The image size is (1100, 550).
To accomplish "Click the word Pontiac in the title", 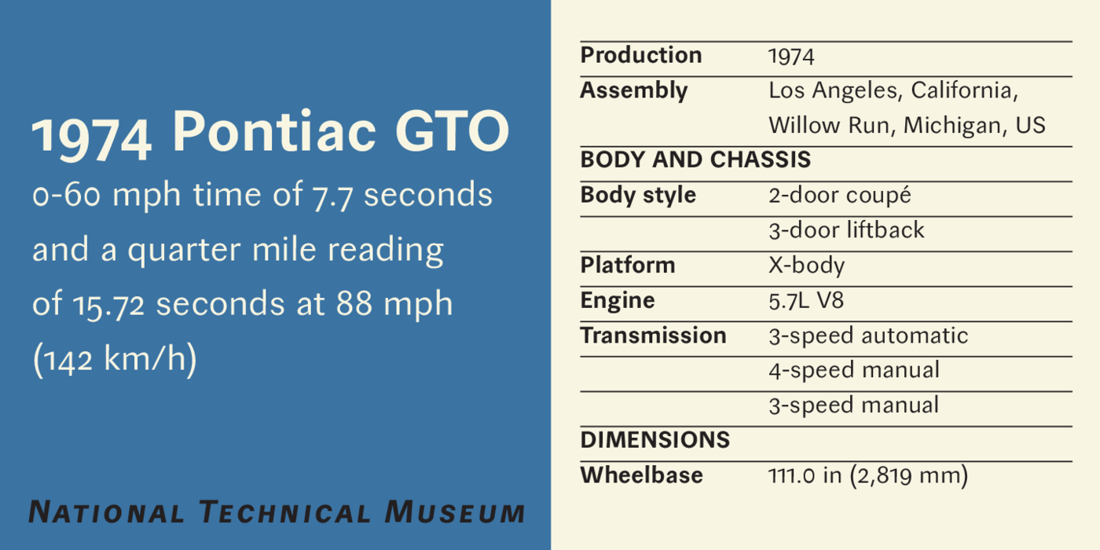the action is pos(274,131).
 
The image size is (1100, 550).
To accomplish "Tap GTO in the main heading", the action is pos(453,131).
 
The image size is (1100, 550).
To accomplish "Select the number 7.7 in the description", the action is pos(332,196).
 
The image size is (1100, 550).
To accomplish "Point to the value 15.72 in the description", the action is pos(108,305).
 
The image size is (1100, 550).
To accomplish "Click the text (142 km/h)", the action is pos(115,359).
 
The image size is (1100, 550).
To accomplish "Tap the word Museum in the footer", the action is pos(455,511).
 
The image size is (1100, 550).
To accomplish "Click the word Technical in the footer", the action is pos(284,511).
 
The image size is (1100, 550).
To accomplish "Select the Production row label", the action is pos(641,55).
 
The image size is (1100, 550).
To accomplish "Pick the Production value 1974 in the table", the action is pos(791,57).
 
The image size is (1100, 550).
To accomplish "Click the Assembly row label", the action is pos(633,91).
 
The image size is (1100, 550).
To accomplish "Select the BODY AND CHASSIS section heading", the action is pos(695,159).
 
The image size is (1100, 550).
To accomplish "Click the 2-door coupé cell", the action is pos(840,196).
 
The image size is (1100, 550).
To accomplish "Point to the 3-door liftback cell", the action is pos(846,230).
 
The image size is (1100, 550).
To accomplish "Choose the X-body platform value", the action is pos(806,266).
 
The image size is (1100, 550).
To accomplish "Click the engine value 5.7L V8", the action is pos(806,300).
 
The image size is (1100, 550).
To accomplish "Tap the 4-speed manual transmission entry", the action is pos(854,371).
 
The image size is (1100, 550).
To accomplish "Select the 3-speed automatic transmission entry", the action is pos(868,336).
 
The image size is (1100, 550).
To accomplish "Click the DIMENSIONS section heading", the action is pos(655,440).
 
